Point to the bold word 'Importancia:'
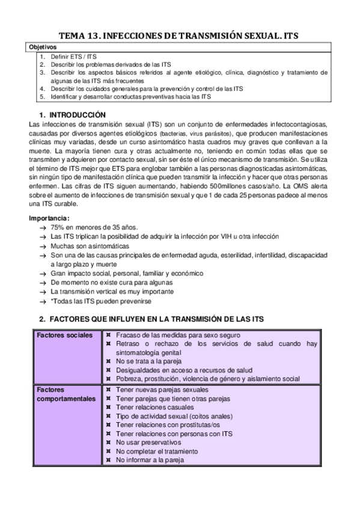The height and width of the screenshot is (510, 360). [x=49, y=218]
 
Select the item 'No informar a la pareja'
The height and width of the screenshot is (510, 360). [x=150, y=459]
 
